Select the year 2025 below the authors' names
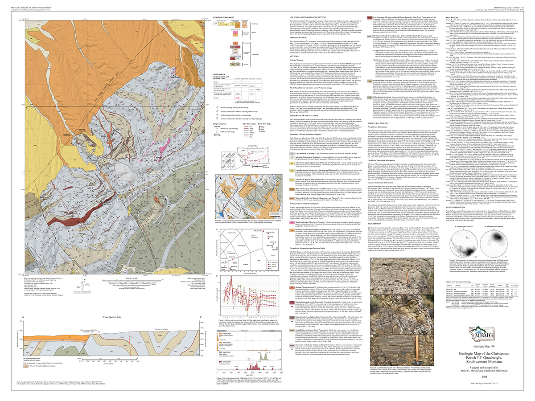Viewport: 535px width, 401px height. [x=484, y=376]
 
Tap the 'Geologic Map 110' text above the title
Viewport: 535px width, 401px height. [x=484, y=346]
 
